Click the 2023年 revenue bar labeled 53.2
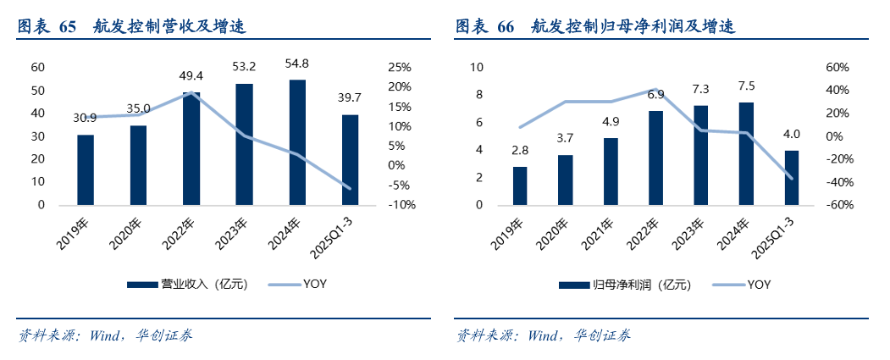point(244,144)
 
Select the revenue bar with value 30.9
point(86,169)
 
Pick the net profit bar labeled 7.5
point(746,153)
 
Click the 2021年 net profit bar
point(611,171)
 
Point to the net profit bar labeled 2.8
point(520,186)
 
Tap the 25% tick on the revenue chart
point(400,67)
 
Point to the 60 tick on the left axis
point(38,67)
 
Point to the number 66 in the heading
point(506,27)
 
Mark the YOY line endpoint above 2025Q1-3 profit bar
point(791,178)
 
